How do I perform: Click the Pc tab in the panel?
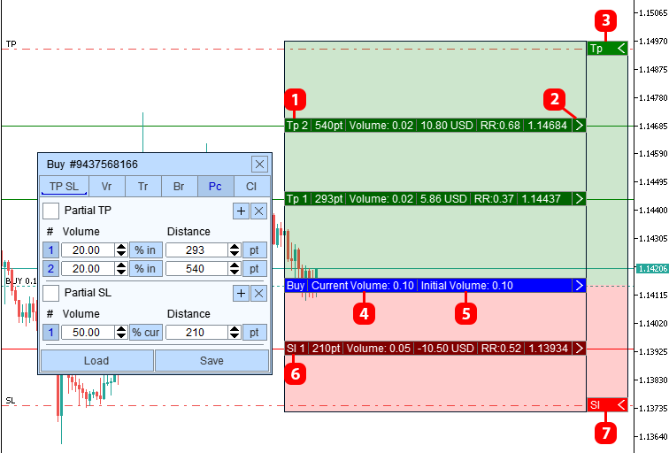tap(215, 187)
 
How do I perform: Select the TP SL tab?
tap(64, 187)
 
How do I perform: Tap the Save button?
tap(212, 361)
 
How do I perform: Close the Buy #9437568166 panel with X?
tap(259, 165)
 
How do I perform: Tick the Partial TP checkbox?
tap(50, 211)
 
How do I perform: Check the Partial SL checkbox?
tap(50, 293)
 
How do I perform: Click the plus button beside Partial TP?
tap(241, 211)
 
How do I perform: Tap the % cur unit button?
tap(146, 333)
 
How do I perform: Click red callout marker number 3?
tap(605, 21)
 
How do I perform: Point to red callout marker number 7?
tap(605, 433)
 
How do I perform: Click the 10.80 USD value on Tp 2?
tap(447, 126)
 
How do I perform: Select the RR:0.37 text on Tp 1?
tap(494, 199)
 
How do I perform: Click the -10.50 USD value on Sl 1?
tap(445, 349)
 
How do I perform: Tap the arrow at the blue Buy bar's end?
tap(579, 286)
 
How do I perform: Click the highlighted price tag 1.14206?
tap(652, 269)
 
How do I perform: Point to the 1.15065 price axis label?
tap(653, 13)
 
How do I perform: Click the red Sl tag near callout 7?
tap(607, 405)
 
